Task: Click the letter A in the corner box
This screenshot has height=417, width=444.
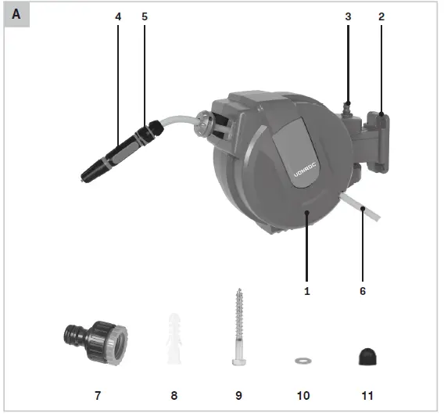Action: pos(16,15)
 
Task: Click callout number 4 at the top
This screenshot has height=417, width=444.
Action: pos(118,16)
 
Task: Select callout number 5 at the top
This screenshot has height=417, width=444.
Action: pos(145,16)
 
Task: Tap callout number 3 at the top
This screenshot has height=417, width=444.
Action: pos(349,16)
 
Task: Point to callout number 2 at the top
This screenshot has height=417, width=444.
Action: pos(381,16)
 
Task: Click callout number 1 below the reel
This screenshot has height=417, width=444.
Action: pos(307,290)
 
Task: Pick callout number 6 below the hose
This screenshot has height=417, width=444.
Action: pos(362,290)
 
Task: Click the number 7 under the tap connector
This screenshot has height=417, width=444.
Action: pos(98,396)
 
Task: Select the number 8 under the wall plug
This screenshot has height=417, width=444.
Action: pos(174,396)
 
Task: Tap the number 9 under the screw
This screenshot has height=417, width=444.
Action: pos(238,396)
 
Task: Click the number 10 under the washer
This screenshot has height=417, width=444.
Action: pos(303,396)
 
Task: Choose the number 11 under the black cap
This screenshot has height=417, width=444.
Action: pos(367,396)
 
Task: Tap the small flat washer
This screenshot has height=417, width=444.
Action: pos(302,361)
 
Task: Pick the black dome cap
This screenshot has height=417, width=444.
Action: pos(366,356)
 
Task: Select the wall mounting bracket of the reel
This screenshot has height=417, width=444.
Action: pos(381,141)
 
